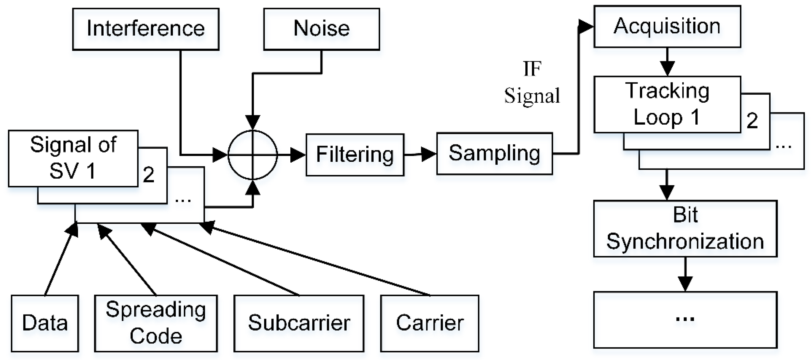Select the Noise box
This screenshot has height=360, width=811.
click(321, 29)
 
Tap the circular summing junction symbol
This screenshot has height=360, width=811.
click(252, 155)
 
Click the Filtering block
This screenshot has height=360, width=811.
click(355, 155)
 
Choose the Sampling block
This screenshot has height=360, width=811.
click(494, 154)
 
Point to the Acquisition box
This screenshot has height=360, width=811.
click(667, 26)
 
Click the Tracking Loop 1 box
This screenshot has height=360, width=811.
click(667, 104)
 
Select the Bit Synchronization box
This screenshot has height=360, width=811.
click(685, 228)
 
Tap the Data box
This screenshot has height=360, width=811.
click(45, 323)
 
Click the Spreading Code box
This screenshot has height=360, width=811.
click(156, 323)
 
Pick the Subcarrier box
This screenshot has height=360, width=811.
click(299, 323)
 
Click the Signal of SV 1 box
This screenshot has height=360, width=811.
click(73, 158)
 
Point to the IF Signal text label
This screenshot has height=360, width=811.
click(532, 82)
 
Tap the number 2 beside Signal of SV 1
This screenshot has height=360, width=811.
click(149, 175)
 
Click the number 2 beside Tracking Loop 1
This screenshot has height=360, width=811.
click(752, 121)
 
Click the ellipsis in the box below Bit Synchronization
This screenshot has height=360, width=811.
click(685, 319)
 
